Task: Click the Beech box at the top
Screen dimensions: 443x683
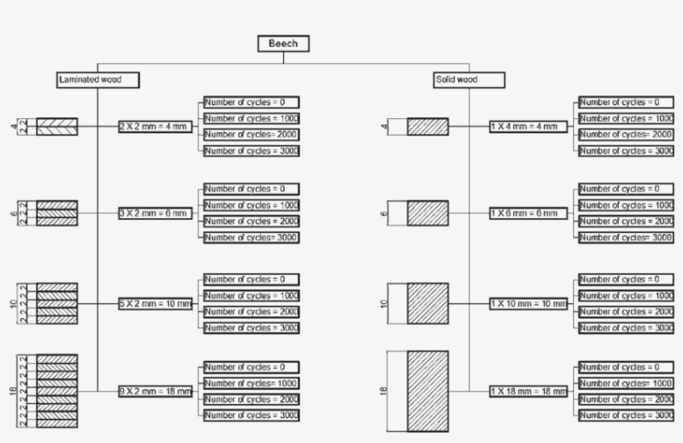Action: (x=283, y=44)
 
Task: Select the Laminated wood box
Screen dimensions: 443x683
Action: (x=97, y=80)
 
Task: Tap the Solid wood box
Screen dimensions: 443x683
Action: (x=468, y=80)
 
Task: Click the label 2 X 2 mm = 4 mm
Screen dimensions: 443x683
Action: (x=154, y=127)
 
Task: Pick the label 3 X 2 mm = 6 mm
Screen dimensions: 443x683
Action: (x=155, y=214)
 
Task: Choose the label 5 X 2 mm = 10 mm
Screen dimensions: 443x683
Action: (x=155, y=304)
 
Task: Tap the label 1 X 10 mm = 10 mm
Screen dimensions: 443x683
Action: (x=528, y=304)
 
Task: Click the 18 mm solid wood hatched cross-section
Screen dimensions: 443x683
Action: (x=427, y=391)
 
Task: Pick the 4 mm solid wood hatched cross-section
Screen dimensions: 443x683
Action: (x=427, y=127)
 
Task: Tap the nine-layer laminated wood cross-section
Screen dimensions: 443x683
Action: (x=57, y=391)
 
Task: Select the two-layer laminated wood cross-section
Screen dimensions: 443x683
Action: (x=57, y=127)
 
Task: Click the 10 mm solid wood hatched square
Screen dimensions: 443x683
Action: (x=427, y=304)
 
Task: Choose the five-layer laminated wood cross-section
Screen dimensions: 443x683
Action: (x=57, y=304)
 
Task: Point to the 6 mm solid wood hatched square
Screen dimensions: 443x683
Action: (x=427, y=212)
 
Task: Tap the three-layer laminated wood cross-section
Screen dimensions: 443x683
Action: (x=57, y=213)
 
